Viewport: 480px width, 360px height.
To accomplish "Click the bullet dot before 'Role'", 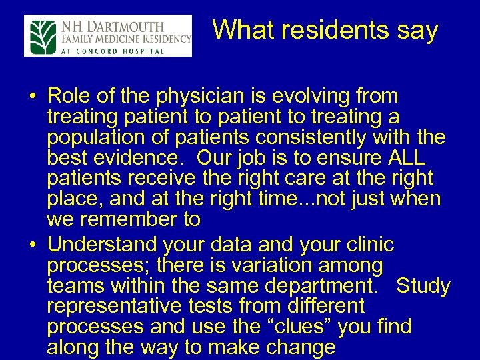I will [x=32, y=98].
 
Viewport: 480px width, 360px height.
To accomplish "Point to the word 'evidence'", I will [x=135, y=159].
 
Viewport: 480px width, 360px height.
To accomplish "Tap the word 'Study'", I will [x=423, y=287].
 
